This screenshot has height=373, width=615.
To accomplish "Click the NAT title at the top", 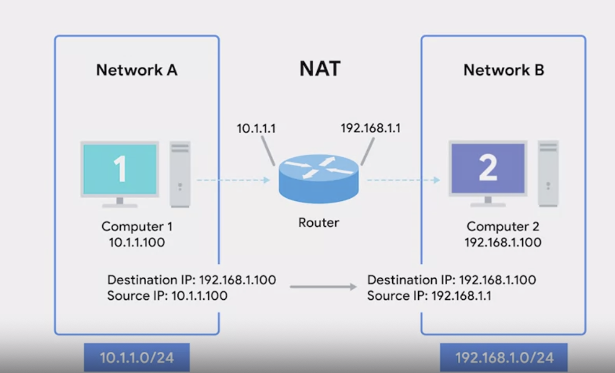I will pos(320,68).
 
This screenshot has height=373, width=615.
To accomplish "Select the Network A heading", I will pos(137,70).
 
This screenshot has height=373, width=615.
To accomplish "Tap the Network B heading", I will pos(503,70).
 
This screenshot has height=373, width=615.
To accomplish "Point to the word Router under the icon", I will pos(319,223).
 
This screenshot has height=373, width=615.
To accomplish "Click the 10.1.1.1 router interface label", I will pos(257,128).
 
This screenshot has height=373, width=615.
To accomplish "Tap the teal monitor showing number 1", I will pos(120,169).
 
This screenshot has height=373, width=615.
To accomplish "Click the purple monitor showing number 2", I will pos(487,168).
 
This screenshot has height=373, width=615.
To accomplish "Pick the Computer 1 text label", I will pos(137,227).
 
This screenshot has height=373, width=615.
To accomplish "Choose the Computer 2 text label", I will pos(503,227).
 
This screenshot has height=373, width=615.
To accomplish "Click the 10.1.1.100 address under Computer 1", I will pos(137,243).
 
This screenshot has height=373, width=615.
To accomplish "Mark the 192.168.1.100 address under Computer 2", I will pos(503,243).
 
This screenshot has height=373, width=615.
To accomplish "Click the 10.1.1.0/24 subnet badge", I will pos(137,358).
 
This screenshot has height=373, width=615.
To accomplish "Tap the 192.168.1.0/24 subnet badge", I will pos(504,358).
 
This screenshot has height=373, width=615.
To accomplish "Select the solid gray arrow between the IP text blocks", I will pos(323,287).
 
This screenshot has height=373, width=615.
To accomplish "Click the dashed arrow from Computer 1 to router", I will pos(233,180).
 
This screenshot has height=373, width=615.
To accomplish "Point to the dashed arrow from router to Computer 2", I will pos(403,180).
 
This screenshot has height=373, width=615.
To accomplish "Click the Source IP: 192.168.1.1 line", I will pos(429,296).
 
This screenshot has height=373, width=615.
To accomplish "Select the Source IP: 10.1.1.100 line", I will pos(167,296).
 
